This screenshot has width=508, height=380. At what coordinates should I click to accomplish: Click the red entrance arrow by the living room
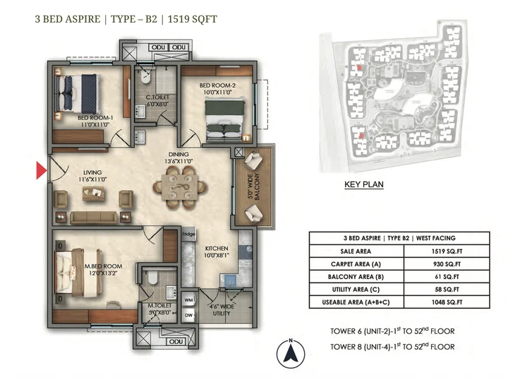(x=41, y=170)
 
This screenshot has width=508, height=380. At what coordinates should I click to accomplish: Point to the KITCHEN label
(x=217, y=249)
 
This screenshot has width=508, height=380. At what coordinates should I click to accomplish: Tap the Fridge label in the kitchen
(x=188, y=234)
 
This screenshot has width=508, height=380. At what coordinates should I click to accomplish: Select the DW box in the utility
(x=188, y=315)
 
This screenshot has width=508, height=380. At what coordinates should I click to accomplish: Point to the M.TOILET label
(x=161, y=306)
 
